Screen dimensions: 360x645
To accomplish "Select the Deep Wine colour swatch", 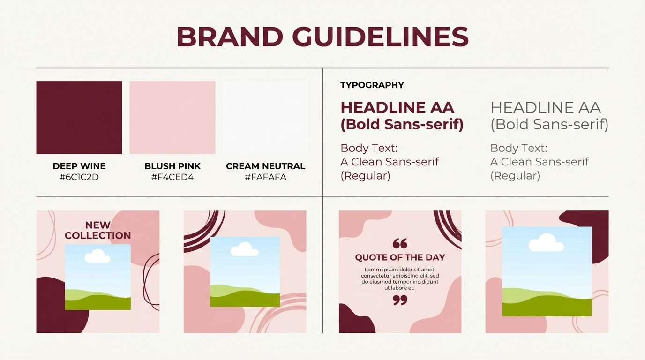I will point(79,118).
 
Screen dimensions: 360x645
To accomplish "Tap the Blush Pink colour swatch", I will point(172,118).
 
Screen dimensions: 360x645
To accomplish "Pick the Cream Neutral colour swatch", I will point(265,118).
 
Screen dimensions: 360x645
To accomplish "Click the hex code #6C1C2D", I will point(79,177).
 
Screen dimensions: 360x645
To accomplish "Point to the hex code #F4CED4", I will point(172,177).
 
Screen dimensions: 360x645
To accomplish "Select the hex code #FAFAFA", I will point(265,177).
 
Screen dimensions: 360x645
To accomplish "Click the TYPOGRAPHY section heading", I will point(372,85).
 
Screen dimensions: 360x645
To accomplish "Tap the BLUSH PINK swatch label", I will point(172,166).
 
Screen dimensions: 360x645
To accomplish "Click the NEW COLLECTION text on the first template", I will point(98,230).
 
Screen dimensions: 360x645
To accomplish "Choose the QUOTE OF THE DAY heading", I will point(400,257).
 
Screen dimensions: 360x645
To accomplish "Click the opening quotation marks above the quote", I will point(400,243).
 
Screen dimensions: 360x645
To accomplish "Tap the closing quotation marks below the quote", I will point(400,300).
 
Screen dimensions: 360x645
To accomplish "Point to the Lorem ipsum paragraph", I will point(400,279).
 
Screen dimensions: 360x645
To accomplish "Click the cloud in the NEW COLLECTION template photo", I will point(97,256).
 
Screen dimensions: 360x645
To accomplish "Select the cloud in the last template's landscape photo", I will point(546,242).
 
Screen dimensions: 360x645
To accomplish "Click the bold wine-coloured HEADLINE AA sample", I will point(397,108).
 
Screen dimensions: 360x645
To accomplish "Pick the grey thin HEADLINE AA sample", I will point(546,108).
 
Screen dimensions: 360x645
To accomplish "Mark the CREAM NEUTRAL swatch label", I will point(265,166).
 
